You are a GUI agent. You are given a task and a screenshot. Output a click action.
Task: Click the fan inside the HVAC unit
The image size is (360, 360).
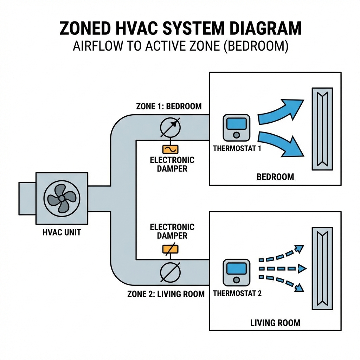(62, 198)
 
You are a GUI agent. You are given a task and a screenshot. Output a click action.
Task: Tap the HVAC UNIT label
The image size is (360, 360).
(62, 233)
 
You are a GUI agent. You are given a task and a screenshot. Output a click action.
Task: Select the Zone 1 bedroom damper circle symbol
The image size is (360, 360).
(170, 127)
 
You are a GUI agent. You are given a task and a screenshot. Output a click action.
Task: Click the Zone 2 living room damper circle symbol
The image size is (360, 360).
(170, 272)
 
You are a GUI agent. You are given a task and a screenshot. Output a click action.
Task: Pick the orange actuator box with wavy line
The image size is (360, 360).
(170, 149)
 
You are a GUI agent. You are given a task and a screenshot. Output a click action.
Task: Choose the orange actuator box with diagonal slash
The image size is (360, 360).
(170, 249)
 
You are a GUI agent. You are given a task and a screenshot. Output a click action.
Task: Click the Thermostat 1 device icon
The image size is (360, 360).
(236, 128)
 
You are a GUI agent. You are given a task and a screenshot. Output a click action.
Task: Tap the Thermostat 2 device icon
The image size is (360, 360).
(236, 272)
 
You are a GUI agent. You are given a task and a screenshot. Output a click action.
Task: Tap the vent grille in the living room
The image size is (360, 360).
(322, 269)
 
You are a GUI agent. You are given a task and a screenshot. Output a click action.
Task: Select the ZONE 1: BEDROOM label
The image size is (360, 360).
(169, 106)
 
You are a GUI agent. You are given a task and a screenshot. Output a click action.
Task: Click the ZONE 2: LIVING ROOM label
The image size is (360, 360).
(166, 294)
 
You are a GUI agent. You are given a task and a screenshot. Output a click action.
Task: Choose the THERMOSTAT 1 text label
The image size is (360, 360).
(237, 148)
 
